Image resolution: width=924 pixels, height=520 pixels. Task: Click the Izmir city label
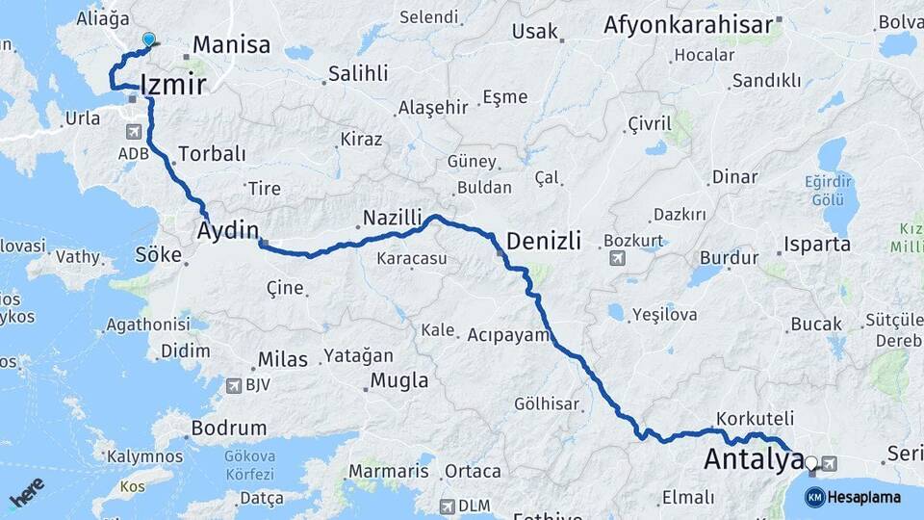(x=173, y=85)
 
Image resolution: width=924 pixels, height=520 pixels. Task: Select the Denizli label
(x=544, y=241)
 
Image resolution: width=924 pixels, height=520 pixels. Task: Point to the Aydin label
(x=228, y=230)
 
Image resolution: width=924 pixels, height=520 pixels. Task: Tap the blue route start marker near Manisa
(x=148, y=39)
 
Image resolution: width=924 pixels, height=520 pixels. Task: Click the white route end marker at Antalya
(x=810, y=463)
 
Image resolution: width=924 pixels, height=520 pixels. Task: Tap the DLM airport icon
(x=448, y=506)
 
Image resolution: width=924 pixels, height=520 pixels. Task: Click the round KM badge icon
(x=814, y=497)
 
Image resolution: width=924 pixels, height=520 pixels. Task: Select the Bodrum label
(x=229, y=428)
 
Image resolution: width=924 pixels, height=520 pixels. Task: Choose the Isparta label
(x=817, y=245)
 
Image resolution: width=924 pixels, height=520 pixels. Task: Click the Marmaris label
(x=388, y=472)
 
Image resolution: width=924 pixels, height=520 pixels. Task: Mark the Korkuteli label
(x=755, y=419)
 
